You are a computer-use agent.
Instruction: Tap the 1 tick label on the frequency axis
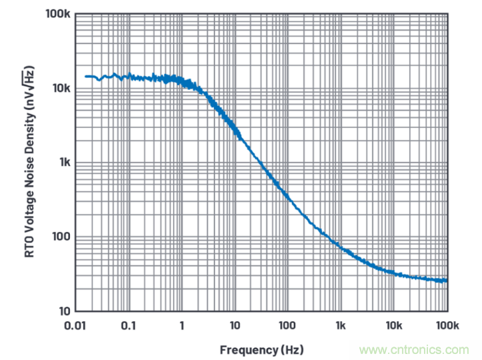[x=181, y=326]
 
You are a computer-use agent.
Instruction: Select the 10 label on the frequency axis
[x=235, y=326]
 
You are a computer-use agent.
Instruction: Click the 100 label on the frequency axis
[x=287, y=326]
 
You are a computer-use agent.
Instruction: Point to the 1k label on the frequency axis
[x=341, y=326]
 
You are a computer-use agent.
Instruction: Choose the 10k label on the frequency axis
[x=394, y=326]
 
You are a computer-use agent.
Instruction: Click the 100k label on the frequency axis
[x=446, y=326]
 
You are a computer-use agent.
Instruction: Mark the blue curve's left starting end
[x=85, y=77]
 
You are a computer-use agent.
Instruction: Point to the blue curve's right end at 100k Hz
[x=446, y=281]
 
